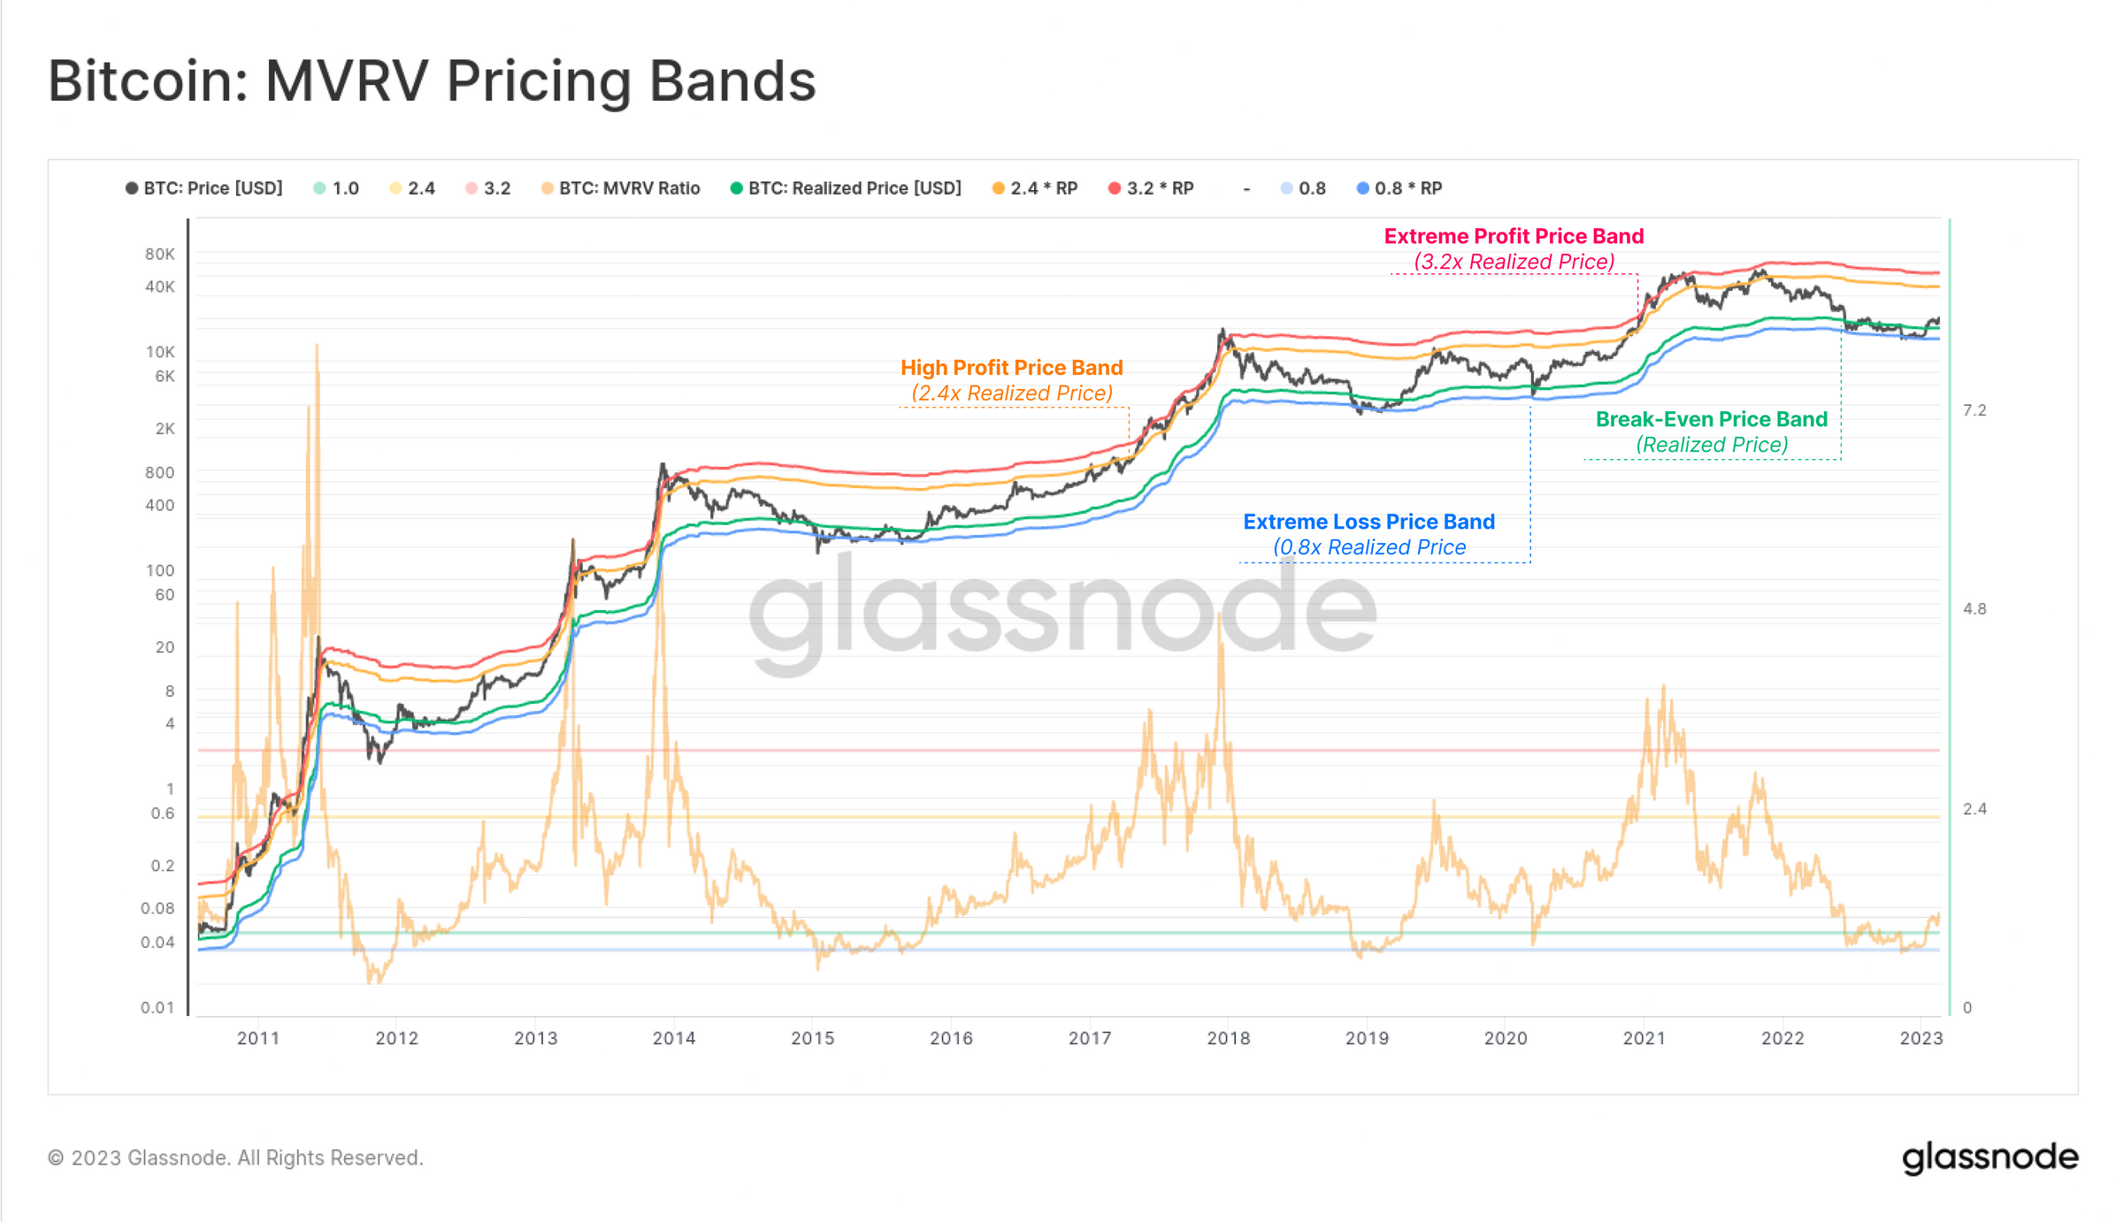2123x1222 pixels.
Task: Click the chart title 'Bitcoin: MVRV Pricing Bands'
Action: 432,81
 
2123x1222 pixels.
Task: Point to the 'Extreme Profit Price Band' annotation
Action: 1514,237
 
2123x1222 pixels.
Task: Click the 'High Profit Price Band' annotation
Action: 1011,368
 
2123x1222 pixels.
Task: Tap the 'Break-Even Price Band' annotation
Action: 1711,419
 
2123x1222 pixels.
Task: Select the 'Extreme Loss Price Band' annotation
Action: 1368,522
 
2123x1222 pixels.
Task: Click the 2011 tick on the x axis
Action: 258,1038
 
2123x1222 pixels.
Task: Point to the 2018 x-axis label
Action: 1228,1038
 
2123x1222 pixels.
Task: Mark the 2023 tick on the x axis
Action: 1920,1038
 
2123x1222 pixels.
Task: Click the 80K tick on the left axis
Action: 160,255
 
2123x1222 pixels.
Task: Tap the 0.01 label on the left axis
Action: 157,1007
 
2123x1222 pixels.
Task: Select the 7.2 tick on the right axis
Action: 1974,410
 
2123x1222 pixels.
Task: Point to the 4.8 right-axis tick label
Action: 1974,609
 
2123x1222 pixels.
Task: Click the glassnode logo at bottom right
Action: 1989,1157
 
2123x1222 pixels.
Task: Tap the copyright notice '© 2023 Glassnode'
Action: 235,1157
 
